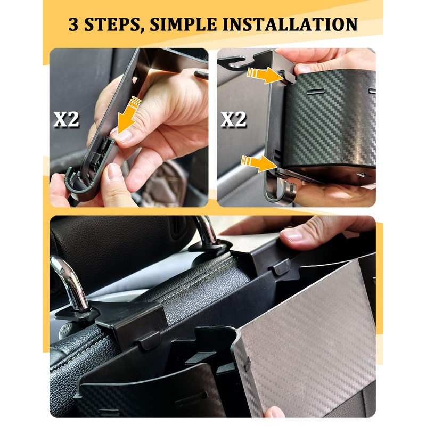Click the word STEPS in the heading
pos(113,24)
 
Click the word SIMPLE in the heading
pos(183,24)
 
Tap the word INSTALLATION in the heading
pos(290,24)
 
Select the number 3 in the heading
pos(73,24)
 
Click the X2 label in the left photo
pos(66,119)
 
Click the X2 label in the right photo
pos(233,119)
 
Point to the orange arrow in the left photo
pos(129,115)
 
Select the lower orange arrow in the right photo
pos(259,163)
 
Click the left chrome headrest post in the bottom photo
pos(71,283)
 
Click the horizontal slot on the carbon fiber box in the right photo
pos(315,91)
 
